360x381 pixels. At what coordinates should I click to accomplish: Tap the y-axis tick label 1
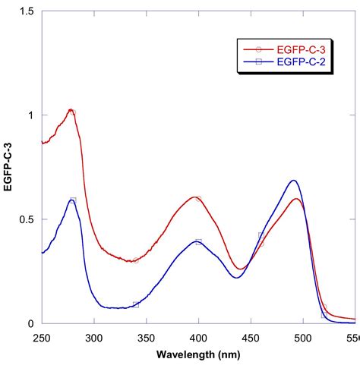click(31, 115)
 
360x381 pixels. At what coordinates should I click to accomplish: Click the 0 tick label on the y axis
click(31, 324)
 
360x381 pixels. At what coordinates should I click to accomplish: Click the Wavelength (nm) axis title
click(198, 354)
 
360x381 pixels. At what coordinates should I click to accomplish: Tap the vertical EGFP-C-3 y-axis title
click(9, 167)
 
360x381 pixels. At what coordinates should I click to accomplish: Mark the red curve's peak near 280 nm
click(71, 110)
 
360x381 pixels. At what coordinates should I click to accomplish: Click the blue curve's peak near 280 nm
click(71, 200)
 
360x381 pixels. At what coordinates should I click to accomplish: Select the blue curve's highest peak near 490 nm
click(294, 181)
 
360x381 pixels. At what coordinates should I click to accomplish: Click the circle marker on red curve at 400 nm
click(198, 199)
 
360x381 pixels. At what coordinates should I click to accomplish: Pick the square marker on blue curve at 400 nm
click(198, 242)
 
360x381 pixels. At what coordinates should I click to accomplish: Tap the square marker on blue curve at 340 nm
click(136, 304)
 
